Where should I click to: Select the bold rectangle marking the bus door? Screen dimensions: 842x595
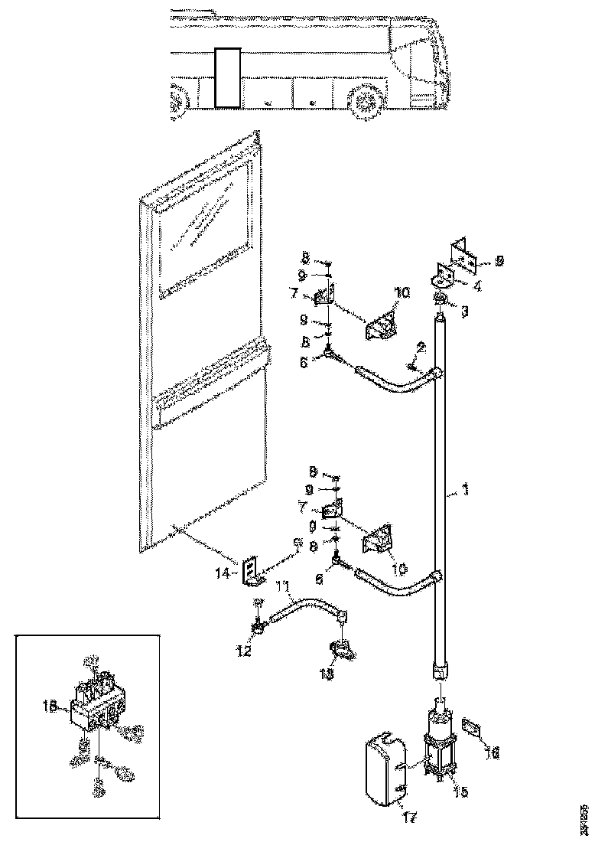(227, 77)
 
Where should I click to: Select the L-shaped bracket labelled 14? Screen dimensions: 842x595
(249, 572)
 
